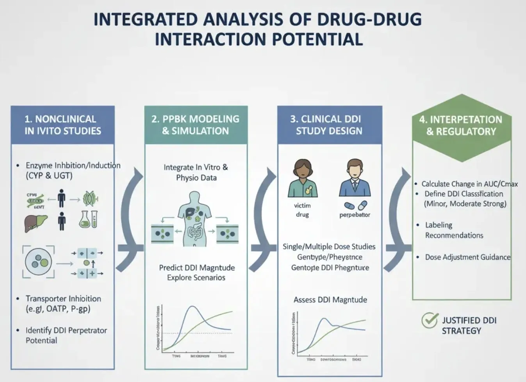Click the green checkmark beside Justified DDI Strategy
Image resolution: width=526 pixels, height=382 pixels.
point(430,320)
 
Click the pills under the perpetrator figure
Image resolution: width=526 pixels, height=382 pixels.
point(355,205)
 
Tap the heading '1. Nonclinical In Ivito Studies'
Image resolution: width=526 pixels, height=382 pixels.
point(62,125)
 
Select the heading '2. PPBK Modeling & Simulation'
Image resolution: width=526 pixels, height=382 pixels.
point(195,125)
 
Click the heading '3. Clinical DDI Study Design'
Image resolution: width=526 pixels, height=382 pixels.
point(329,125)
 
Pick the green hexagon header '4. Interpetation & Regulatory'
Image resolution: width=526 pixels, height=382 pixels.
point(461,126)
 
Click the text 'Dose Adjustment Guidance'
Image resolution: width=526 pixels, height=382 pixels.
point(467,257)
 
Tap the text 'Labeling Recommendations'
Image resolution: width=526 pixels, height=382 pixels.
point(454,230)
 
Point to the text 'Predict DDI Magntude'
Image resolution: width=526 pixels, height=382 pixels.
point(197,268)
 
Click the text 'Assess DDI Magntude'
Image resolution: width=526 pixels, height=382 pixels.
point(330,300)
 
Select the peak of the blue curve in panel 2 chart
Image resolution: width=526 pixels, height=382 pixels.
point(192,307)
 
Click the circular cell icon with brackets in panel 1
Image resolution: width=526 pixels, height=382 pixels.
point(38,262)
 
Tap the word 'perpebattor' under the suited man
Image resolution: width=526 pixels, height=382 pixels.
point(355,215)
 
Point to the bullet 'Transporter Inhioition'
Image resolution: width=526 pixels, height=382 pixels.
point(63,298)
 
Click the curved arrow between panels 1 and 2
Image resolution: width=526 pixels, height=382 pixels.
point(131,219)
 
